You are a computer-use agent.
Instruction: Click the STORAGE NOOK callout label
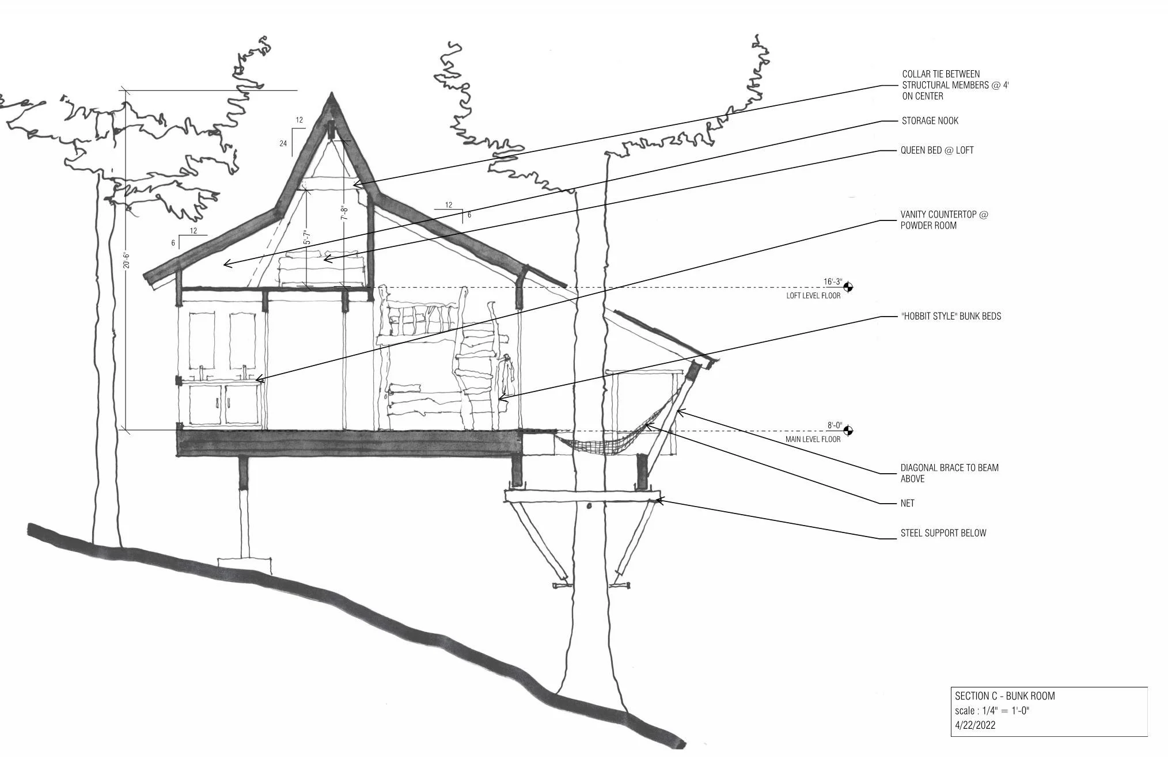(930, 121)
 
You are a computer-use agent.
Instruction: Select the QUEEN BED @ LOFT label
(936, 150)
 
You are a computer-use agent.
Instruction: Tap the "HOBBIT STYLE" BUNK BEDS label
(950, 316)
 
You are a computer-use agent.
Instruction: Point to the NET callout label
(907, 503)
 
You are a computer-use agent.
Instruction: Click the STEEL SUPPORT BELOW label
(943, 533)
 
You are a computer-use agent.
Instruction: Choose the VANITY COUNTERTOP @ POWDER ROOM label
(943, 220)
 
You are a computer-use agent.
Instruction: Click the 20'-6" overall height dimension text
(126, 260)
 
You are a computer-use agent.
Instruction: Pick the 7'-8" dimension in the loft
(344, 213)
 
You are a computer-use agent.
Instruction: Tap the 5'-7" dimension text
(308, 238)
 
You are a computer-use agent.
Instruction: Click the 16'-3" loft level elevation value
(832, 282)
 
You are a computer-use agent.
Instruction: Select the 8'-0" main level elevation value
(835, 426)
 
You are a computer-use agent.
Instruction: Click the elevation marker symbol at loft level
(847, 287)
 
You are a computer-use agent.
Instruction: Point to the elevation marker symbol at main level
(847, 431)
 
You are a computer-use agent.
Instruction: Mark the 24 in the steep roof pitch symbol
(283, 143)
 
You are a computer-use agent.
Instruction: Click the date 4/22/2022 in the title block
(974, 725)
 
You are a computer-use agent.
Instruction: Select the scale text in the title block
(992, 710)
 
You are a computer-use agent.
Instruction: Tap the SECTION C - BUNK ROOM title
(1004, 695)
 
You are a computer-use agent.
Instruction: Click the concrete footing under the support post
(244, 564)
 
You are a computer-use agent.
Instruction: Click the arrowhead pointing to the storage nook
(226, 264)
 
